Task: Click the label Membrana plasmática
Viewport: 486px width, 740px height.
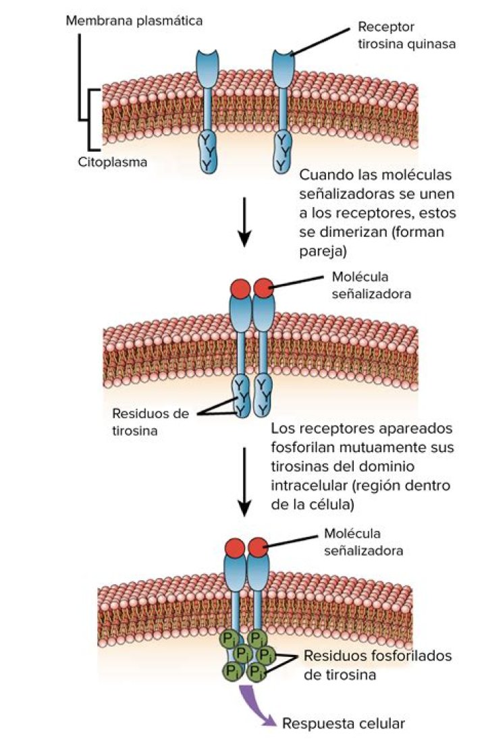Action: (x=134, y=21)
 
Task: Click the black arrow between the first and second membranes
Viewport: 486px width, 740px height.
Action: (x=246, y=222)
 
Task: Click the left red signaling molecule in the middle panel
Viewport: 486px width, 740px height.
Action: (x=240, y=289)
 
